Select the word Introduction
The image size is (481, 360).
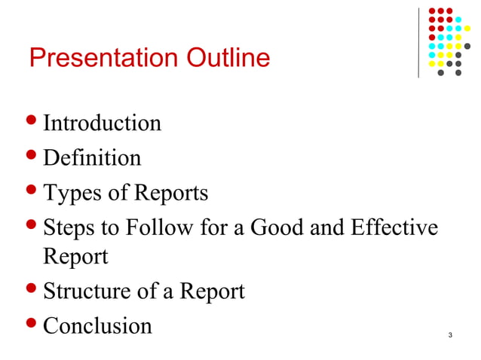pyautogui.click(x=102, y=123)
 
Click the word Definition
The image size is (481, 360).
pyautogui.click(x=92, y=158)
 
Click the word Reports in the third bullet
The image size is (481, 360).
pyautogui.click(x=170, y=194)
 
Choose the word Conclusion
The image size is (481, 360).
pyautogui.click(x=98, y=326)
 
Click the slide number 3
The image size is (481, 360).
pyautogui.click(x=449, y=334)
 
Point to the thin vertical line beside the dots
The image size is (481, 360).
pyautogui.click(x=418, y=42)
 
